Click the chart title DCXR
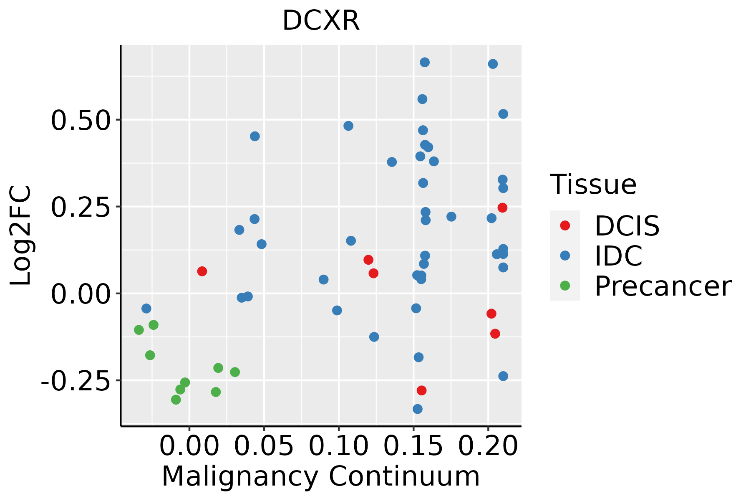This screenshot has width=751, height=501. coord(321,21)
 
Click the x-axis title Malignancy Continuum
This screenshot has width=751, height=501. coord(321,477)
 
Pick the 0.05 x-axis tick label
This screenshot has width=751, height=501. coord(264,446)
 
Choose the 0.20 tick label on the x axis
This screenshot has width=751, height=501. coord(488,446)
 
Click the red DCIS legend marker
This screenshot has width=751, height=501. coord(565,225)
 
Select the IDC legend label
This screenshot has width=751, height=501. coord(618,256)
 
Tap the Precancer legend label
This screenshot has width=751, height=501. coord(663,286)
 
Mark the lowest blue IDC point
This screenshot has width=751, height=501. coord(418,409)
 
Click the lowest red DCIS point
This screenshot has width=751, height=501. coord(422,390)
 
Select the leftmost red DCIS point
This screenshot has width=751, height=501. coord(202,271)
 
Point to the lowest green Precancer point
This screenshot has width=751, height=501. coord(176,400)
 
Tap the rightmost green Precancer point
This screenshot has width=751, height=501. coord(235,372)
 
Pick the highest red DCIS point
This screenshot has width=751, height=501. coord(502,207)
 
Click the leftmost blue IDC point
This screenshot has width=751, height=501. coord(146,309)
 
